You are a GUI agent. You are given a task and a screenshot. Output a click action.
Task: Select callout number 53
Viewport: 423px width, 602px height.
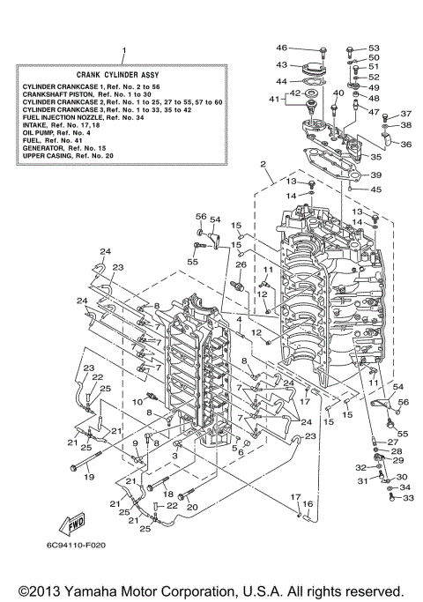point(374,48)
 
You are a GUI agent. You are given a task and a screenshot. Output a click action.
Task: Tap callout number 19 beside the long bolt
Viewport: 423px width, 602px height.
point(88,477)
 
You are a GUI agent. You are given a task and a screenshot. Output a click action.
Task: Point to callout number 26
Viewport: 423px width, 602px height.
point(239,264)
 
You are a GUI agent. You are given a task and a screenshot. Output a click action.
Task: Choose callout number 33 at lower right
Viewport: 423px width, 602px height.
point(408,498)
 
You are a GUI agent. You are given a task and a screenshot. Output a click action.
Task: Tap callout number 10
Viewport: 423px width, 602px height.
point(137,402)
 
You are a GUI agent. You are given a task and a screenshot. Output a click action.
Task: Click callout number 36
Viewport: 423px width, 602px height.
point(406,144)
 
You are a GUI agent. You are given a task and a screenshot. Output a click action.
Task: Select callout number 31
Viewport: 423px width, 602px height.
point(361,481)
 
